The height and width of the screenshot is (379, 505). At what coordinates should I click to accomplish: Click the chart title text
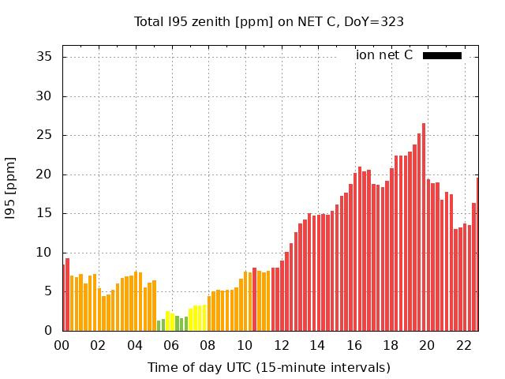(x=269, y=21)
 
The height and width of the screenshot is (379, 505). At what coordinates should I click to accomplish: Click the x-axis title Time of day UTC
(x=268, y=367)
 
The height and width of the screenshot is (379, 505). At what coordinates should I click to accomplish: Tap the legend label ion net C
(x=384, y=54)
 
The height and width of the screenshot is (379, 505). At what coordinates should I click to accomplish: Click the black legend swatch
(x=442, y=55)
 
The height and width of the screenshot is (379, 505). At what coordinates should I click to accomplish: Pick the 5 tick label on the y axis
(x=48, y=291)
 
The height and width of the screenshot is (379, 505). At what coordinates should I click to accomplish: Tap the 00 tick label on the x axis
(x=62, y=345)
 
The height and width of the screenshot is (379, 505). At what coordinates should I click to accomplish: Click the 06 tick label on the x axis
(x=171, y=345)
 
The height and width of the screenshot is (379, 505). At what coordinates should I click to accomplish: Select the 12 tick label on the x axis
(x=281, y=345)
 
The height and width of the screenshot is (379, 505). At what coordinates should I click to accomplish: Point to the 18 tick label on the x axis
(x=391, y=345)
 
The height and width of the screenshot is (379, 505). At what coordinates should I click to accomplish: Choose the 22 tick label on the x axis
(x=464, y=345)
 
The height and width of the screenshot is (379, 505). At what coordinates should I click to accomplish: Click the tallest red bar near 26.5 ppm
(x=424, y=229)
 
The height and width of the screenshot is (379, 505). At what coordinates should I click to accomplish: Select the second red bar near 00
(x=68, y=295)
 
